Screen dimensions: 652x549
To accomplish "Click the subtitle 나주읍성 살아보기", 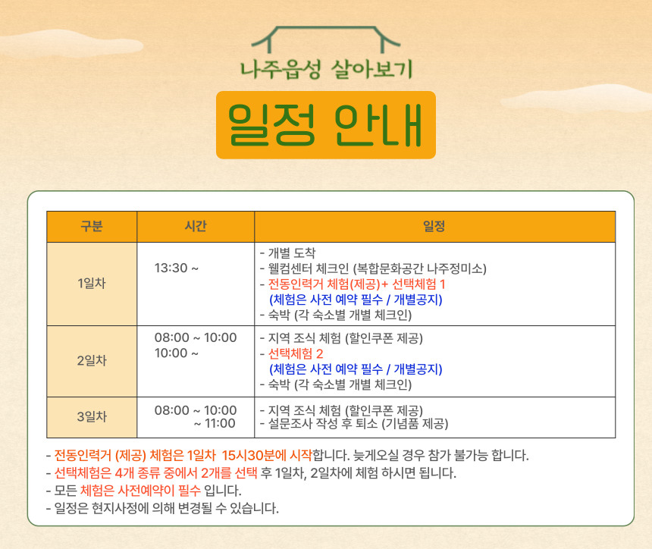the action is pos(327,69).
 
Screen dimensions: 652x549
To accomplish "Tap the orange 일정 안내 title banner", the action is pos(326,125).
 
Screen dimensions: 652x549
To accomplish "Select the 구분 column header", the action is pos(92,226).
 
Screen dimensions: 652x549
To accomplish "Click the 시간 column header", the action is pos(196,226).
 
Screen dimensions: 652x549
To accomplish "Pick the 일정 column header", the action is pos(434,226).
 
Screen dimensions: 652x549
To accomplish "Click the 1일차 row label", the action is pos(92,284).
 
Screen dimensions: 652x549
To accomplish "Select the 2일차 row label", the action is pos(92,361).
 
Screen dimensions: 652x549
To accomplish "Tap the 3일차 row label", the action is pos(92,417).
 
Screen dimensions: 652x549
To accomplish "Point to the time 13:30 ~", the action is pos(177,268).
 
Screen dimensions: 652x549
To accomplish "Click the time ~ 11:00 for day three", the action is pos(215,424).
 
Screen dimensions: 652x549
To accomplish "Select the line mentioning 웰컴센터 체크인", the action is pos(373,268).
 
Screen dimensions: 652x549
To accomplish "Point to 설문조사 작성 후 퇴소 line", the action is pos(354,424).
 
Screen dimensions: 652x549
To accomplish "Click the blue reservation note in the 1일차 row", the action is pos(356,300).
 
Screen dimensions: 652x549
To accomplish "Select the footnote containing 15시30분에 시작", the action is pos(287,456).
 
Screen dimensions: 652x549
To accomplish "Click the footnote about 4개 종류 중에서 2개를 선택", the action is pos(251,473).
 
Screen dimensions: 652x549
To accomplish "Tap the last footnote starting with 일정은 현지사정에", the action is pos(162,508).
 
